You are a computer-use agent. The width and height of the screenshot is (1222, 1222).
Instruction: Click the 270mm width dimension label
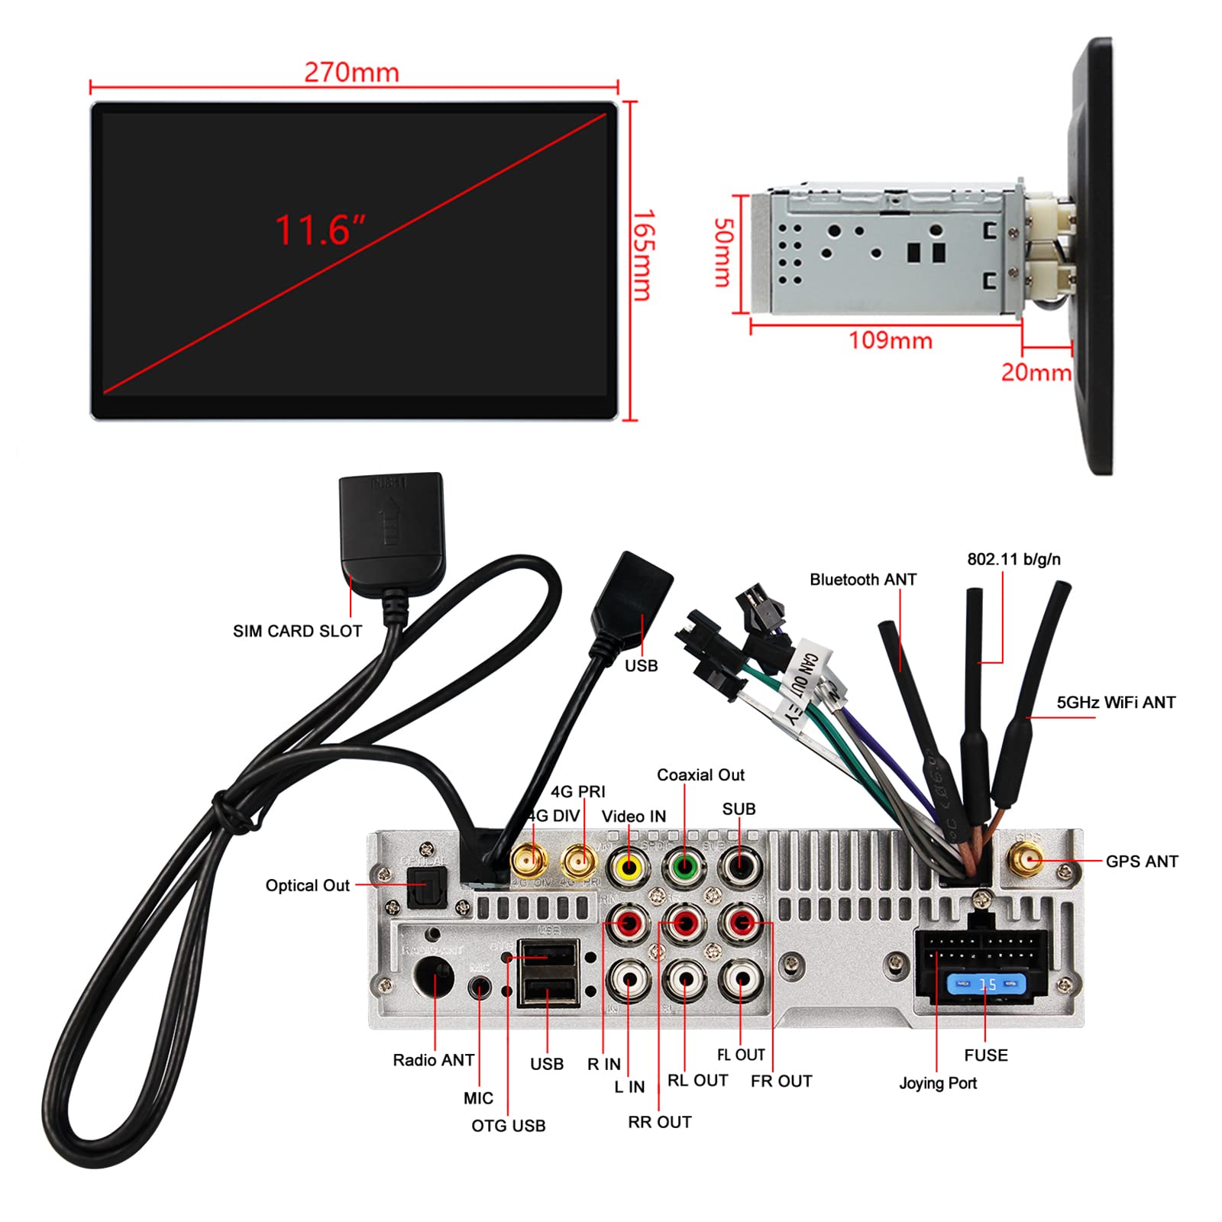tap(351, 73)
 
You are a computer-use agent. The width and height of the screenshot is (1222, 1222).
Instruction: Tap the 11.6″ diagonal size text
tap(320, 230)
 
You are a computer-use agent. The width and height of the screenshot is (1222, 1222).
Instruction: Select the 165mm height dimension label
tap(642, 255)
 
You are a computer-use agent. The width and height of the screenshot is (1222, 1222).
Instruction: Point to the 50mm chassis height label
tap(723, 253)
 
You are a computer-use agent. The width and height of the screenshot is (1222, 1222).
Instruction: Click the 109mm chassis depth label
tap(891, 340)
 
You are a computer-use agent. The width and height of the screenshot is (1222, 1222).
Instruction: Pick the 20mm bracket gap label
tap(1036, 373)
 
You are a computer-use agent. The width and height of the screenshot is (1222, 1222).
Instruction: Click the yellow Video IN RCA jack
tap(629, 867)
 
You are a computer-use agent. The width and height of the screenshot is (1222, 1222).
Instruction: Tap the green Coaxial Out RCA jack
tap(684, 867)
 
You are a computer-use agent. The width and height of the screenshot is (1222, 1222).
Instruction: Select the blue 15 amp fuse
tap(985, 984)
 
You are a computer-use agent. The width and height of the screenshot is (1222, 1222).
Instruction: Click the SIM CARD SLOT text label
tap(297, 631)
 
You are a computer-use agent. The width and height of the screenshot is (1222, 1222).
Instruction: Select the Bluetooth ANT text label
tap(863, 580)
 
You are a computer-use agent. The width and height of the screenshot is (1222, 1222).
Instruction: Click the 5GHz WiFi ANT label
tap(1116, 703)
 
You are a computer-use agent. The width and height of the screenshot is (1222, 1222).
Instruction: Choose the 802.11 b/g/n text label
tap(1013, 559)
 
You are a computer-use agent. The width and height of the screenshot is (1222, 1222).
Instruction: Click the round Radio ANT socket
tap(433, 977)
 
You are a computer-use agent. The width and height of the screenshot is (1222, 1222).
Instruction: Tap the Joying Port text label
tap(938, 1083)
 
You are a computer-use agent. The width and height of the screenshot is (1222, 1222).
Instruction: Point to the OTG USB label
tap(508, 1126)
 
